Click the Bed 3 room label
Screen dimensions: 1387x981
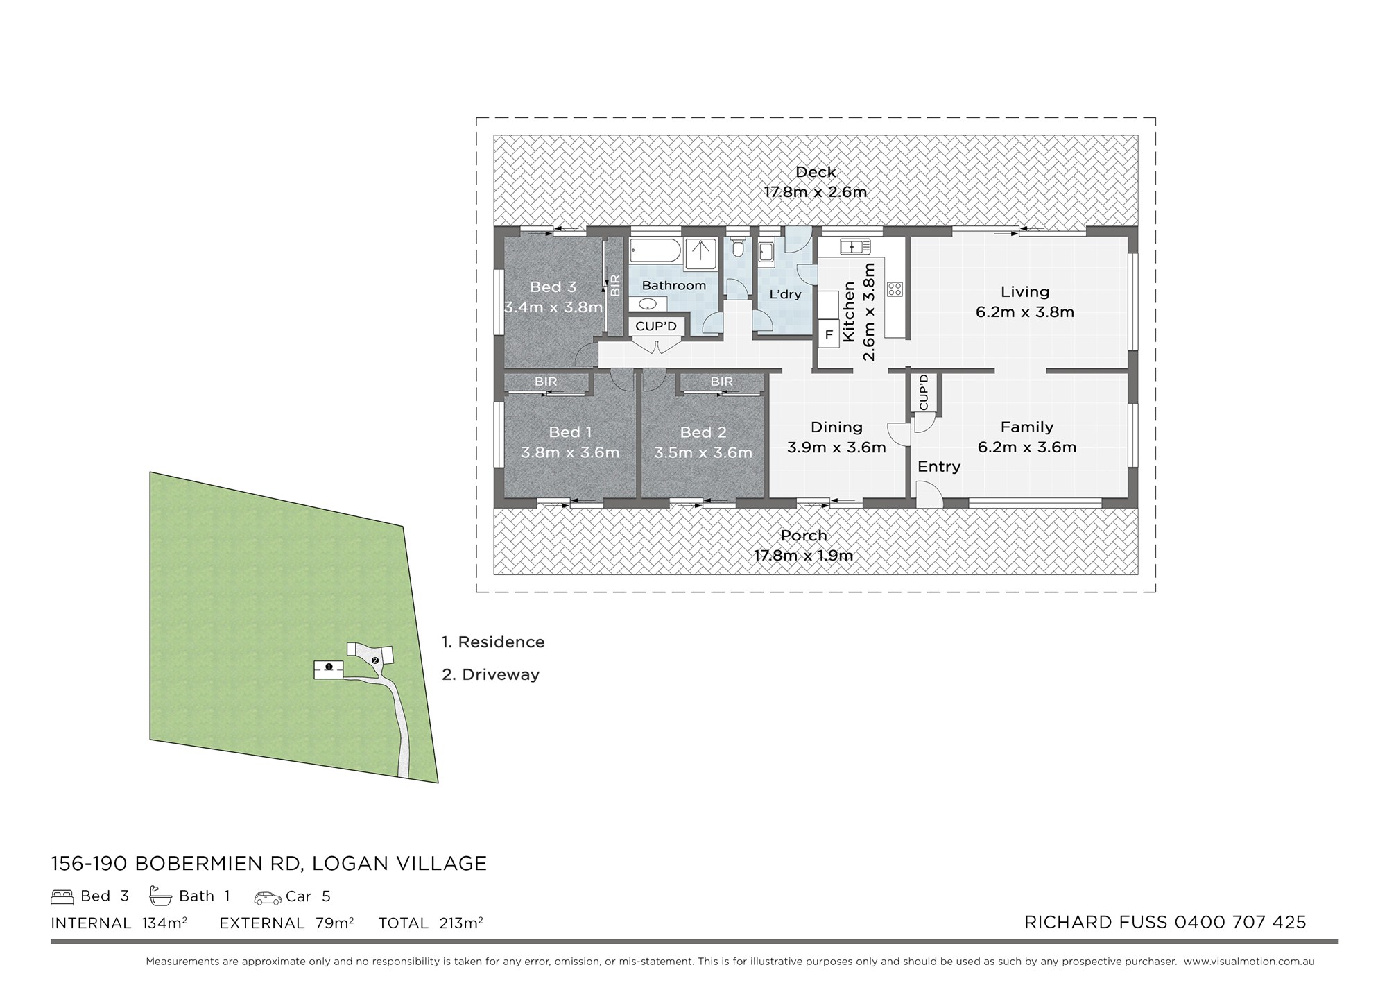(553, 287)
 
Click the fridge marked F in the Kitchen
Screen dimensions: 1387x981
(828, 334)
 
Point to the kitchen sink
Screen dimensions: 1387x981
(855, 246)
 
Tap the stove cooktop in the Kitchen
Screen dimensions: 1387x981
(895, 288)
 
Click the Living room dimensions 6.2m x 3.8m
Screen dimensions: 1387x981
(1025, 312)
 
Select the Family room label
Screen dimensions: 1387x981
(1026, 427)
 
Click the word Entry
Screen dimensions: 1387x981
(939, 467)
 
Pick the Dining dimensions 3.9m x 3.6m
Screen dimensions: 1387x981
(836, 447)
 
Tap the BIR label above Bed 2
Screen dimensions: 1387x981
(721, 382)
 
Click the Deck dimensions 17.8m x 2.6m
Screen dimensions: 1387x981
(816, 192)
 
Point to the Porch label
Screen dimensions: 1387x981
(804, 536)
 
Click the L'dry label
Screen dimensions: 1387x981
(785, 294)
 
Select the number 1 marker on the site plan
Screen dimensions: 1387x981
(329, 667)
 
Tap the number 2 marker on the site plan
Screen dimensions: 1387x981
(375, 660)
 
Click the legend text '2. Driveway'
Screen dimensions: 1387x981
(490, 674)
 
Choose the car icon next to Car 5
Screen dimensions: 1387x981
(268, 898)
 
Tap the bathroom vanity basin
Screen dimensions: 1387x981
(648, 305)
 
